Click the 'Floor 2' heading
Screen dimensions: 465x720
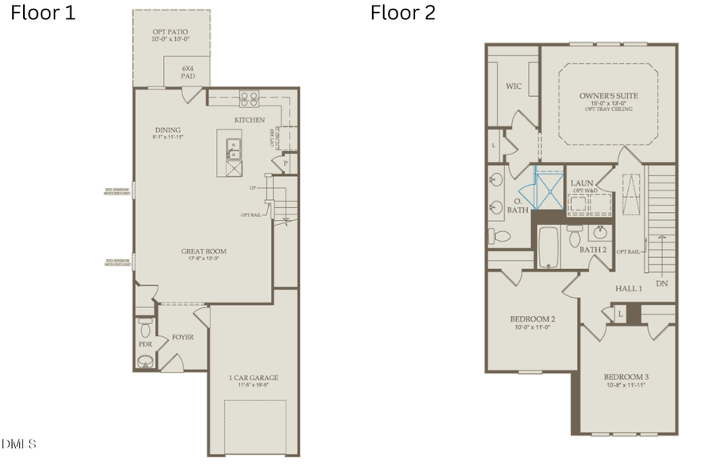tap(402, 14)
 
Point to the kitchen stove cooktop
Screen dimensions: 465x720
tap(249, 99)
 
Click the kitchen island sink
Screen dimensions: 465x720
tap(233, 147)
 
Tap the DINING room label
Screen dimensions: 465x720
tap(168, 130)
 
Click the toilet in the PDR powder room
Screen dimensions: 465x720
tap(145, 327)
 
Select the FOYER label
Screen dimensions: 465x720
tap(182, 337)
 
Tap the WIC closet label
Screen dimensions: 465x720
tap(514, 86)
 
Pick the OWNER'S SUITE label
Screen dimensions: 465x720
tap(609, 95)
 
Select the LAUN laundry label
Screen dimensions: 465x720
tap(582, 183)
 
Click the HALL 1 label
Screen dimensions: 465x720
tap(628, 288)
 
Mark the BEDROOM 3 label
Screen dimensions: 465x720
tap(625, 377)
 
